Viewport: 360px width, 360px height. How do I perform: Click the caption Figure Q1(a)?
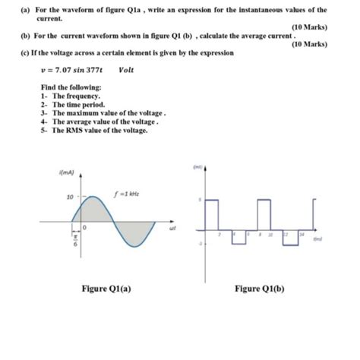pyautogui.click(x=107, y=288)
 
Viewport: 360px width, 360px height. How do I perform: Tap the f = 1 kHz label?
pyautogui.click(x=127, y=192)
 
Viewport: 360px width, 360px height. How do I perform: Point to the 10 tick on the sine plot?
pyautogui.click(x=68, y=197)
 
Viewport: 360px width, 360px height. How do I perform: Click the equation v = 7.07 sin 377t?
pyautogui.click(x=71, y=70)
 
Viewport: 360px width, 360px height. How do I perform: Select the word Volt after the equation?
pyautogui.click(x=127, y=70)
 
